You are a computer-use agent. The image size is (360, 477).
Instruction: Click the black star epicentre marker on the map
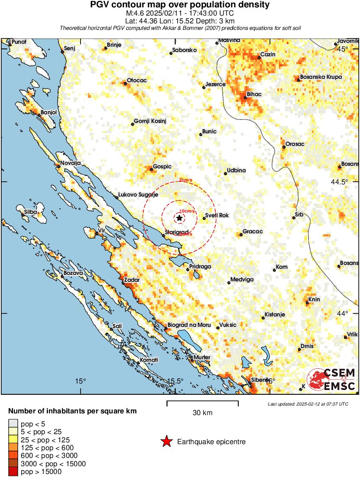(179, 218)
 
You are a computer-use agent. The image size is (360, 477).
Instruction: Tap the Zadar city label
(132, 280)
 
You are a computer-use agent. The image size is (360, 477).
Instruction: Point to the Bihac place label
(254, 94)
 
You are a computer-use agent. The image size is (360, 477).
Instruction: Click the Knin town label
(314, 300)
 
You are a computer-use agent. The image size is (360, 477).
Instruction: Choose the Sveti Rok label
(217, 216)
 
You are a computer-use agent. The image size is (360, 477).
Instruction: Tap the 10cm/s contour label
(187, 211)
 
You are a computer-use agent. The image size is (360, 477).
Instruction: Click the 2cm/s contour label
(185, 180)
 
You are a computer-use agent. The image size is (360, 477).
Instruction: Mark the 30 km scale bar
(202, 404)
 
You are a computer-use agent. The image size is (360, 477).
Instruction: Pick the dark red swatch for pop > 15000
(13, 472)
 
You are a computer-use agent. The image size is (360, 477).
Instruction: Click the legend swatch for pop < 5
(13, 423)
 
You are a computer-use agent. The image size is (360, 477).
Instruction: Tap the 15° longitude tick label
(81, 381)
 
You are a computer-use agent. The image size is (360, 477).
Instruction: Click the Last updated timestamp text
(308, 404)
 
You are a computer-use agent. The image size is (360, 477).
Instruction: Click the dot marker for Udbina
(225, 174)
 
